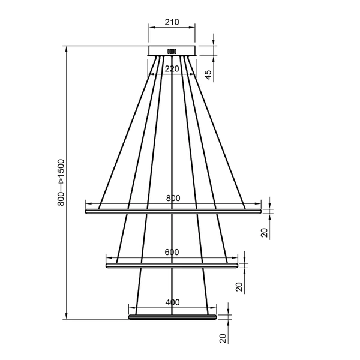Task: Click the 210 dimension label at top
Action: pyautogui.click(x=172, y=23)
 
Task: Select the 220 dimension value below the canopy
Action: pyautogui.click(x=172, y=69)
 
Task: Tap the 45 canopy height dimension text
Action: pyautogui.click(x=208, y=74)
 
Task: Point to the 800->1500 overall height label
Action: pyautogui.click(x=61, y=183)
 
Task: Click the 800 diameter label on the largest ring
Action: pyautogui.click(x=173, y=199)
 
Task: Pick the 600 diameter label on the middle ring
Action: pyautogui.click(x=172, y=253)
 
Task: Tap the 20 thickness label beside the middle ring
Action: pyautogui.click(x=239, y=286)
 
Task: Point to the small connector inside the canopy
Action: pyautogui.click(x=172, y=51)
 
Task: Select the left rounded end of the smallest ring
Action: pyautogui.click(x=130, y=316)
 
